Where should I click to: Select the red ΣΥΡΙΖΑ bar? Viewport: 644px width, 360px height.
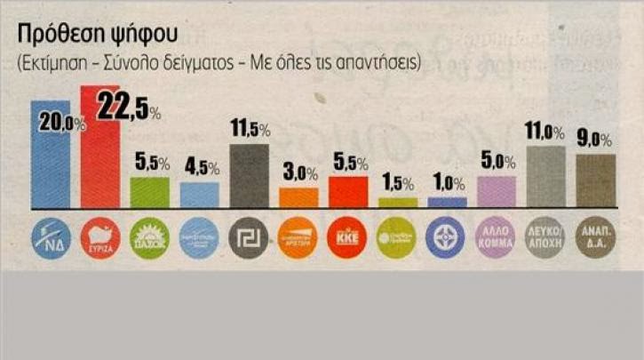pyautogui.click(x=100, y=160)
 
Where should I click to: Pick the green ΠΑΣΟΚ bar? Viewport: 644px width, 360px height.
pyautogui.click(x=150, y=192)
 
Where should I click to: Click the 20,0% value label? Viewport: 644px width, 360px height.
pyautogui.click(x=60, y=124)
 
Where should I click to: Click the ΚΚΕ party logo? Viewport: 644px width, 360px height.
pyautogui.click(x=348, y=238)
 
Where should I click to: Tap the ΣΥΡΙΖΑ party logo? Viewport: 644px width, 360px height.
pyautogui.click(x=100, y=238)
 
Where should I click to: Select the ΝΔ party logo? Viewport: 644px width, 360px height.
pyautogui.click(x=50, y=238)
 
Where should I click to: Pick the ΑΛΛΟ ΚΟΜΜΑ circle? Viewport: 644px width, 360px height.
pyautogui.click(x=497, y=238)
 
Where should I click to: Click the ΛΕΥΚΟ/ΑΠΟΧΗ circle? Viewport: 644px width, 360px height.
pyautogui.click(x=546, y=238)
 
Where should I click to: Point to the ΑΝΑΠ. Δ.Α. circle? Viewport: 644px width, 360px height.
pyautogui.click(x=595, y=238)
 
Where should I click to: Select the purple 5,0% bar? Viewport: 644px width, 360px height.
pyautogui.click(x=497, y=191)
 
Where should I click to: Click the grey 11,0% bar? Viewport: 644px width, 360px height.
pyautogui.click(x=546, y=176)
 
